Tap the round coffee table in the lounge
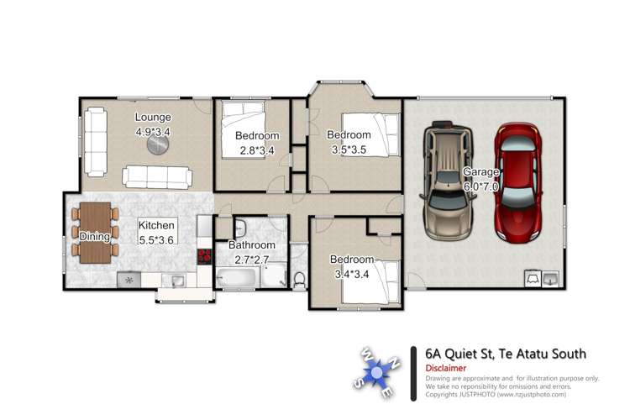(157, 145)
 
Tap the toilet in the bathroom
(299, 278)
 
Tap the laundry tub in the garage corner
(551, 278)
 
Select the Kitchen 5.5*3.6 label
(157, 232)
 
